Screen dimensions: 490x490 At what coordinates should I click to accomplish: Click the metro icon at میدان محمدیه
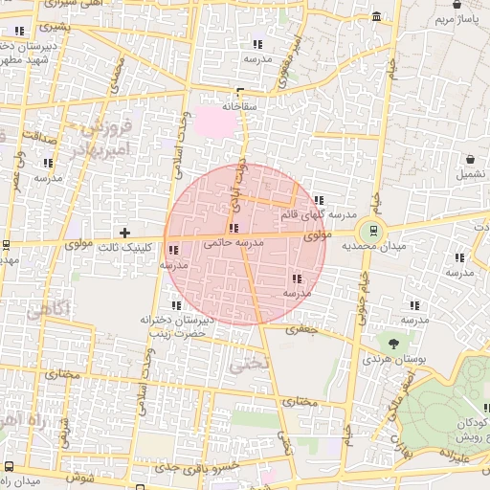point(371,231)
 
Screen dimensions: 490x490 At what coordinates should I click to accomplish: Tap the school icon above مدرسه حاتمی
point(234,229)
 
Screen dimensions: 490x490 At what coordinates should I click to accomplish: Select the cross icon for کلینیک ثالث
point(124,233)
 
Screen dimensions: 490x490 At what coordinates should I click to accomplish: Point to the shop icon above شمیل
point(470,160)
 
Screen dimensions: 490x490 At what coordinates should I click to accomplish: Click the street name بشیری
point(56,26)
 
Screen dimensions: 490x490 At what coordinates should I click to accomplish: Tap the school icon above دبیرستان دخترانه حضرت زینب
point(175,305)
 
